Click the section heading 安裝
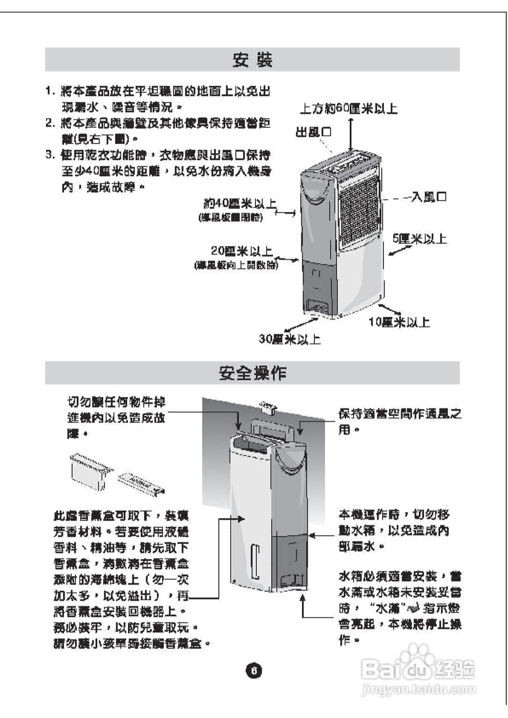coord(252,60)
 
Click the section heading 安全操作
coord(252,373)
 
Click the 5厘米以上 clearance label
coord(420,240)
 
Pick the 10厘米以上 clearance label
coord(400,322)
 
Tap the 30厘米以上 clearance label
coord(290,340)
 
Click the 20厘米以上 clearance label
coord(242,251)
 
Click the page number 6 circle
coord(253,670)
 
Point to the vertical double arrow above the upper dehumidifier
coord(351,134)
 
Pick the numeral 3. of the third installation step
coord(50,154)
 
